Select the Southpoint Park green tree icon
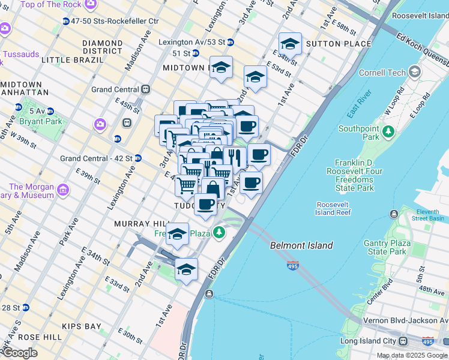point(388,130)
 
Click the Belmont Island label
point(301,245)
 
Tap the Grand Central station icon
point(145,89)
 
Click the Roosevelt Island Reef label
point(334,208)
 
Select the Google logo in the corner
point(19,353)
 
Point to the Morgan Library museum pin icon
point(63,191)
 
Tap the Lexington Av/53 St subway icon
point(231,42)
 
